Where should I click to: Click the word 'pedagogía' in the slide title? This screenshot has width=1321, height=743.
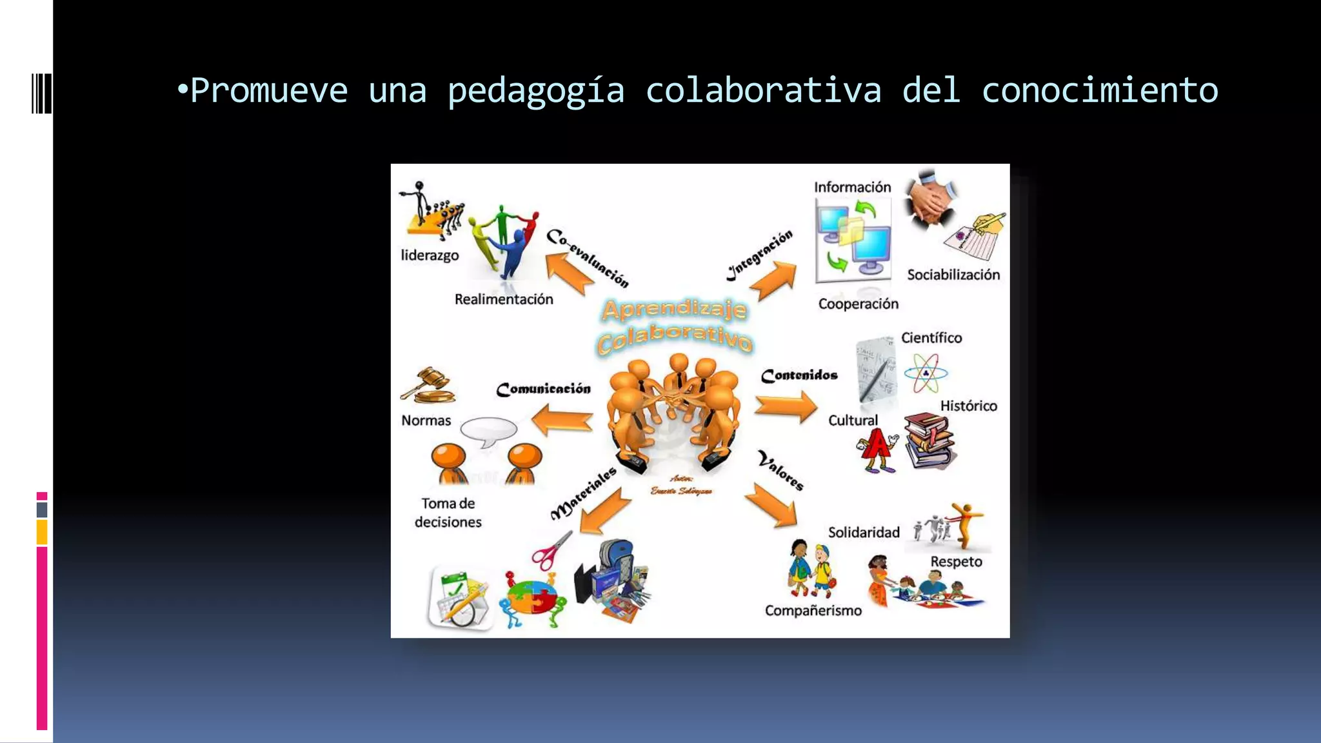click(x=536, y=91)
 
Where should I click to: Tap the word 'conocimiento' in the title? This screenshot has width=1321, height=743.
click(x=1100, y=90)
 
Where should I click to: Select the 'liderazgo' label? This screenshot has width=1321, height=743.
click(x=430, y=255)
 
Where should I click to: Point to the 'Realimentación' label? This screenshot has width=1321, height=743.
click(x=504, y=299)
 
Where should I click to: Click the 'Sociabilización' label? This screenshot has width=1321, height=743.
click(x=953, y=275)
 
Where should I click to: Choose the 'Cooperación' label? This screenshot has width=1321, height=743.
click(x=858, y=304)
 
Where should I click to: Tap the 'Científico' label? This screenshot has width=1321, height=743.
click(x=931, y=338)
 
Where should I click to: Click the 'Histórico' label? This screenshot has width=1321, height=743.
click(x=968, y=406)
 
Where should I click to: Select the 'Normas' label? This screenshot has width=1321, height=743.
click(x=426, y=421)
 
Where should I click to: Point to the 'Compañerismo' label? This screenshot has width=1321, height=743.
click(x=813, y=611)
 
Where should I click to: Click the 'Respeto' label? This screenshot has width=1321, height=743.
click(x=956, y=562)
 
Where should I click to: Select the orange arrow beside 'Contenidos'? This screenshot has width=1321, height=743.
click(x=786, y=407)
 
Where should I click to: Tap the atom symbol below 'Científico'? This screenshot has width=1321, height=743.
click(x=926, y=373)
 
